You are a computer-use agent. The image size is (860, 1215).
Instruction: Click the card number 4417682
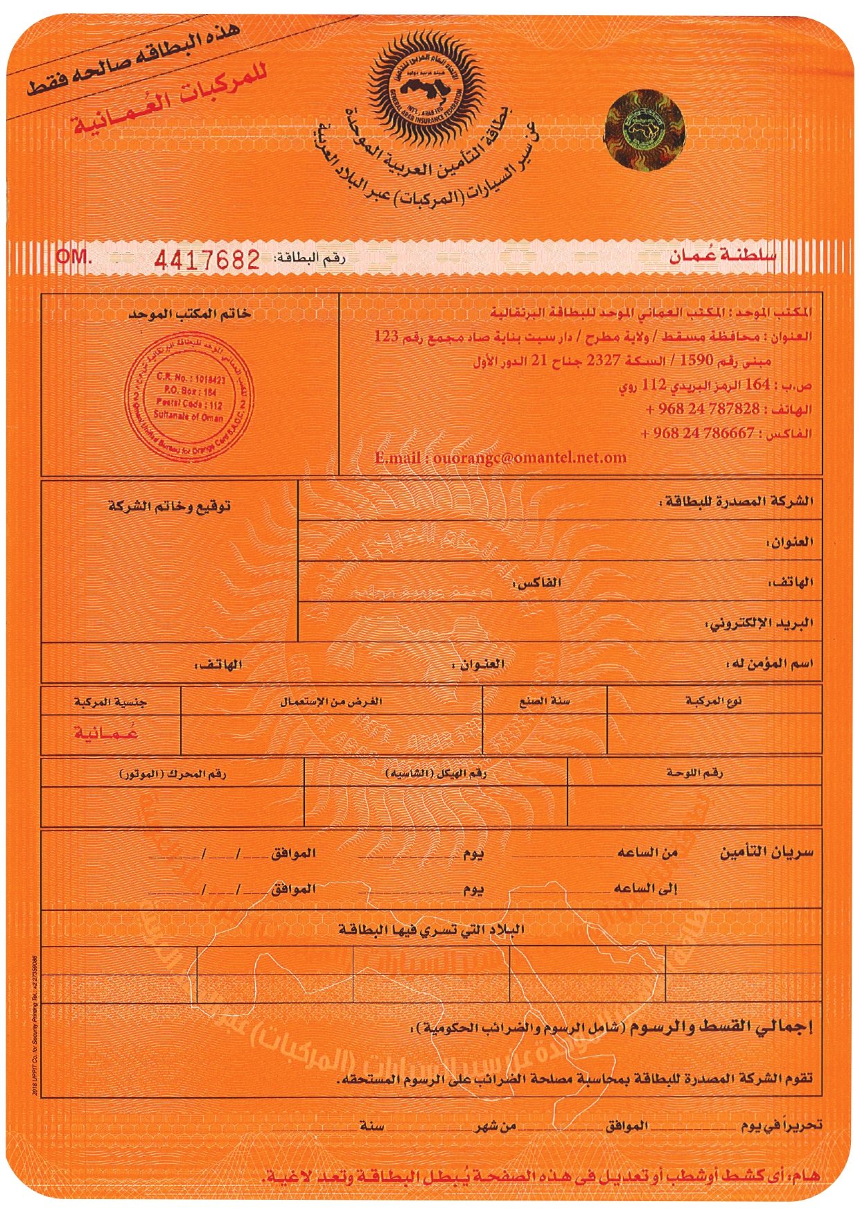pos(207,260)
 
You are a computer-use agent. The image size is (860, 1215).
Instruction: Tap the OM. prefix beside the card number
pos(73,256)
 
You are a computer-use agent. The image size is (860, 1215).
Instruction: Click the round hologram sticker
pos(644,129)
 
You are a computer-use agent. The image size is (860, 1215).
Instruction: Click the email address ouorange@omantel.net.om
pos(500,458)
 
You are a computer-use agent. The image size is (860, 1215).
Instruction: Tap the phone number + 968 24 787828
pos(702,409)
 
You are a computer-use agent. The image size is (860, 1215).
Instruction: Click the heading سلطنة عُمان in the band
pos(722,256)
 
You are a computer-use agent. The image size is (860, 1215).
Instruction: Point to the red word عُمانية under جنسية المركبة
pos(106,733)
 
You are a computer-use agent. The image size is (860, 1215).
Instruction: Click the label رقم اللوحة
pos(694,772)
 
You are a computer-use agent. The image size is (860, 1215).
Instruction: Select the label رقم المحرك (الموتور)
pos(173,773)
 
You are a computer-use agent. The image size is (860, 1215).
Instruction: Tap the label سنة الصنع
pos(545,701)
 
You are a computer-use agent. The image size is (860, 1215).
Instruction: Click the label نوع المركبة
pos(714,701)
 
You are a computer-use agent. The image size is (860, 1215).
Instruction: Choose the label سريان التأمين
pos(766,852)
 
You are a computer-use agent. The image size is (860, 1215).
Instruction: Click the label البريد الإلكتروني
pos(759,623)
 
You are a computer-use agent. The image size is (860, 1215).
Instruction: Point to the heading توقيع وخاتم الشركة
pos(169,506)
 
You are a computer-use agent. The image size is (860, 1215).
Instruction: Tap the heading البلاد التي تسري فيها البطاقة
pos(431,929)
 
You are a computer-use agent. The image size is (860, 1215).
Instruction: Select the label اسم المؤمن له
pos(769,664)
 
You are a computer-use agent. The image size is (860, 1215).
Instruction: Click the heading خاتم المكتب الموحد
pos(189,314)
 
